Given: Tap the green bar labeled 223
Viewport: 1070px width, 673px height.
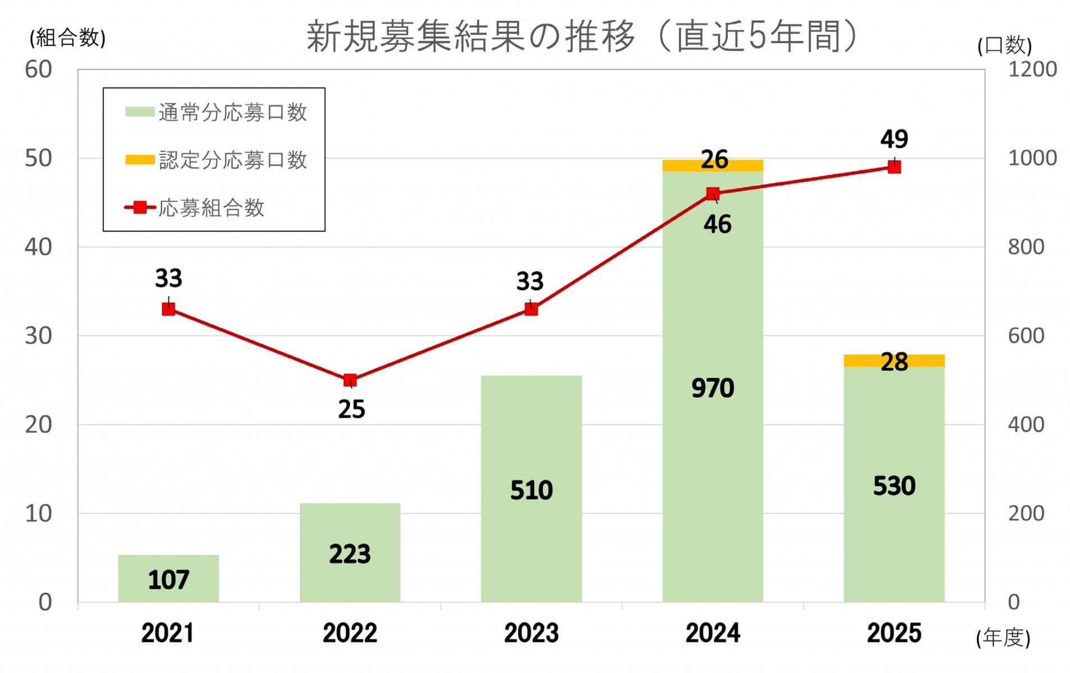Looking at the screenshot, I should click(x=350, y=552).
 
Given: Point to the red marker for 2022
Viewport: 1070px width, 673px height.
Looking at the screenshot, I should click(x=350, y=380).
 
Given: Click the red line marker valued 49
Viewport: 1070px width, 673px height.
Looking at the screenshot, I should click(x=894, y=167).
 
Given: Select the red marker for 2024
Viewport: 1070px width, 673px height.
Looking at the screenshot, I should click(x=713, y=194).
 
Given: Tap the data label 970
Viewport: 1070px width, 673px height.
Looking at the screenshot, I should click(x=713, y=388).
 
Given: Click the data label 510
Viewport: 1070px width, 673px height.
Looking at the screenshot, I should click(x=531, y=490).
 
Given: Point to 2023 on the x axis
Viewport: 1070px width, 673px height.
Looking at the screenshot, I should click(x=531, y=633).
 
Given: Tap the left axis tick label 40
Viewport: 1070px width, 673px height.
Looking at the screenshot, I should click(x=38, y=247).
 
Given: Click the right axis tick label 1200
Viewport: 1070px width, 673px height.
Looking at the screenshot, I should click(x=1032, y=70).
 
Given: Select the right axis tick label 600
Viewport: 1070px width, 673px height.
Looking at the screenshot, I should click(x=1026, y=335).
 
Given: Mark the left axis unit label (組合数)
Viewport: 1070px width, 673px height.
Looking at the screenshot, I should click(x=67, y=38).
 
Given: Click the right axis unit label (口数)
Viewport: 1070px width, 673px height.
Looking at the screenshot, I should click(x=1004, y=45).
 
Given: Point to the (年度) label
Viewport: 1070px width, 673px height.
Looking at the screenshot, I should click(x=1003, y=638).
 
